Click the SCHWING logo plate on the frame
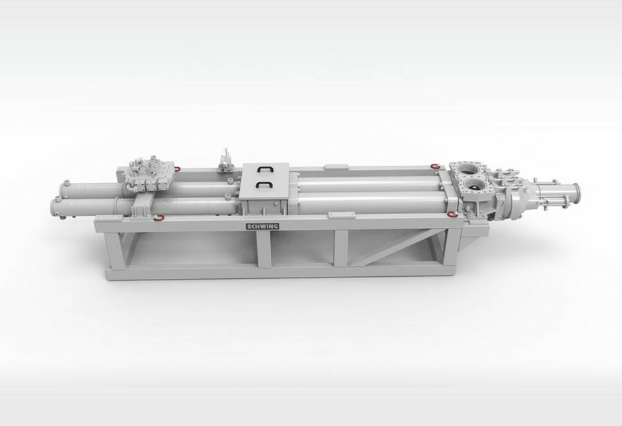[263, 226]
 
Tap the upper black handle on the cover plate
[265, 169]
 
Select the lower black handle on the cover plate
[263, 184]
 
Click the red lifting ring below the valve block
[159, 217]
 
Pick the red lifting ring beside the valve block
[176, 169]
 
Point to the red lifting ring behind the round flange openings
[435, 166]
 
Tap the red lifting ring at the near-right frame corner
[452, 215]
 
